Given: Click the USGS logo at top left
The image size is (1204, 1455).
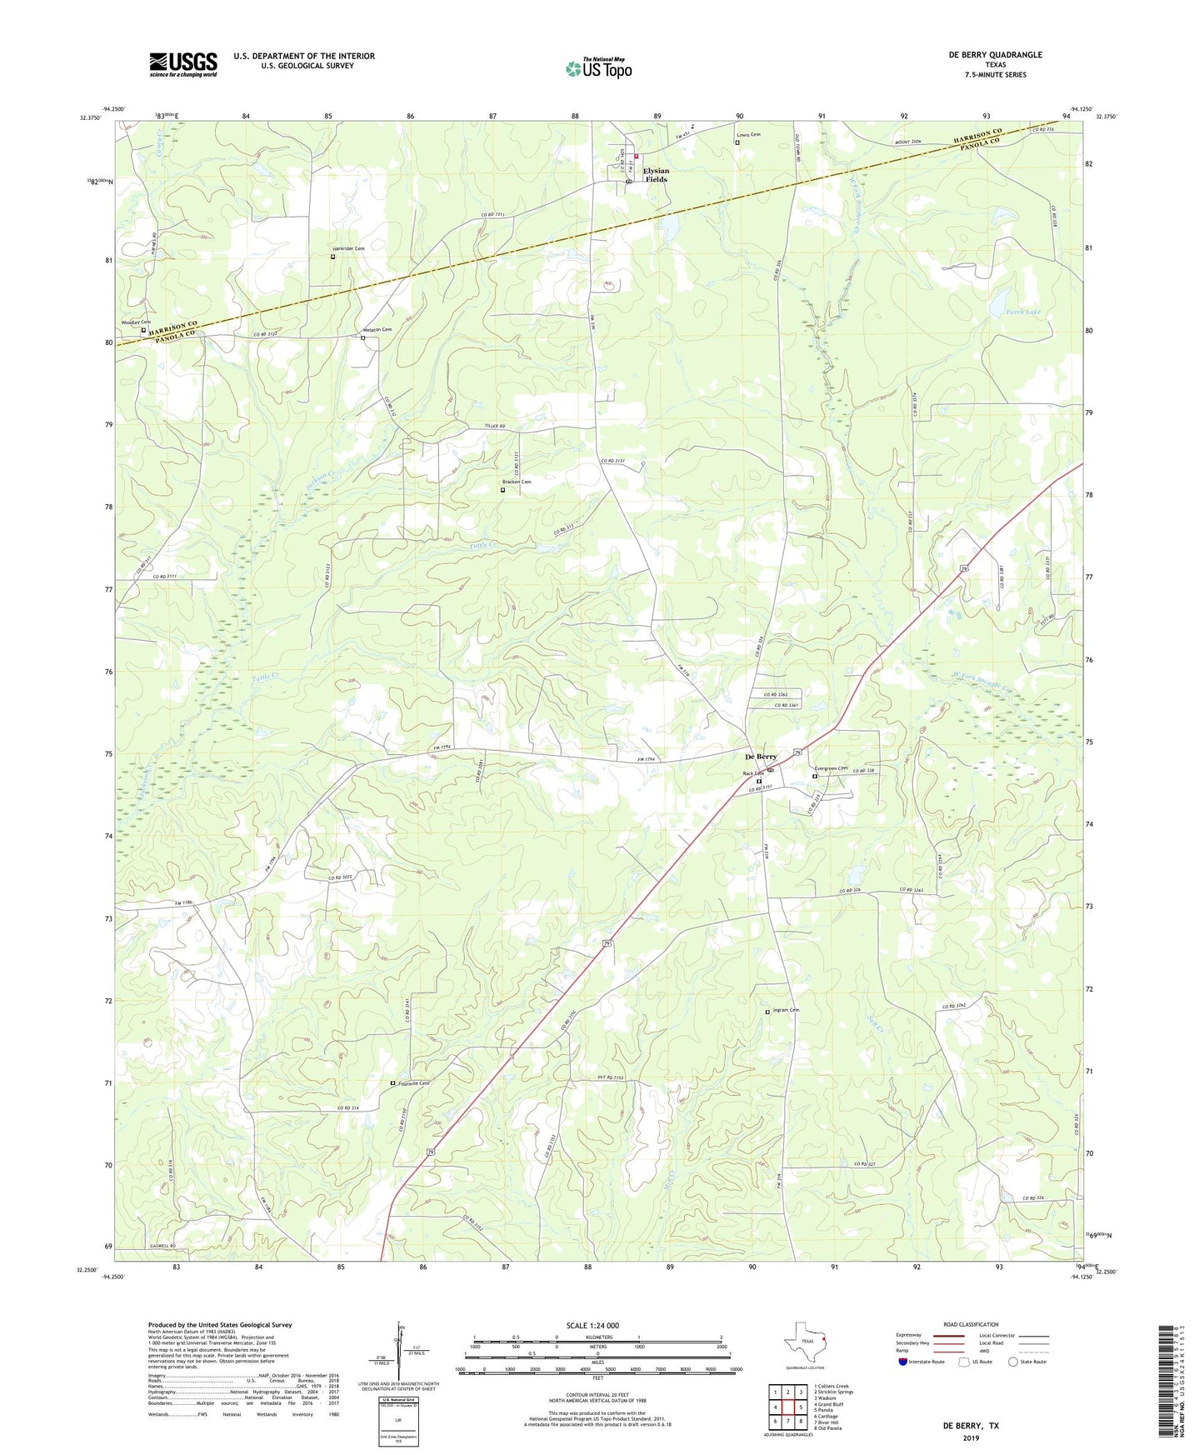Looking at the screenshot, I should click(183, 63).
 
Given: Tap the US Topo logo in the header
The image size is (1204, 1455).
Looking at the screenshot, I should click(598, 68).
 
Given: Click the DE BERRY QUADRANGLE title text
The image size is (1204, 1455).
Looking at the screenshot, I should click(995, 55).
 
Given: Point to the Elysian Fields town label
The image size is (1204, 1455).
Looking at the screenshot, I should click(655, 175).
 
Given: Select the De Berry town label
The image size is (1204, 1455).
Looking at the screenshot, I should click(760, 757).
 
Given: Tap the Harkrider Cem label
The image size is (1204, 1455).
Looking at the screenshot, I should click(348, 248).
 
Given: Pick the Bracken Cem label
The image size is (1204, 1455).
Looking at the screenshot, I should click(516, 482).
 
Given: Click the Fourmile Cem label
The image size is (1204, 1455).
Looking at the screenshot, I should click(413, 1083).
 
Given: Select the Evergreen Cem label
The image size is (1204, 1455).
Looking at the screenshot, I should click(831, 768).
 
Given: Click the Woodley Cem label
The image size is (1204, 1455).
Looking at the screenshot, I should click(137, 322).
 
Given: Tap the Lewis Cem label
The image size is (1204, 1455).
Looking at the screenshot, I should click(748, 134).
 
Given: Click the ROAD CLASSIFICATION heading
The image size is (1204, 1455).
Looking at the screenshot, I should click(971, 1324).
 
